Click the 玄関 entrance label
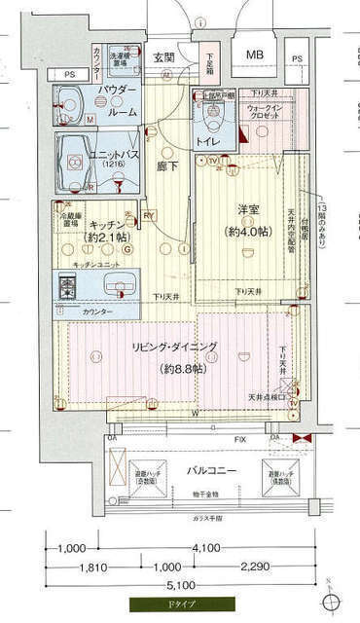click(163, 56)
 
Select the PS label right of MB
click(296, 59)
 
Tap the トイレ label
click(209, 141)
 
